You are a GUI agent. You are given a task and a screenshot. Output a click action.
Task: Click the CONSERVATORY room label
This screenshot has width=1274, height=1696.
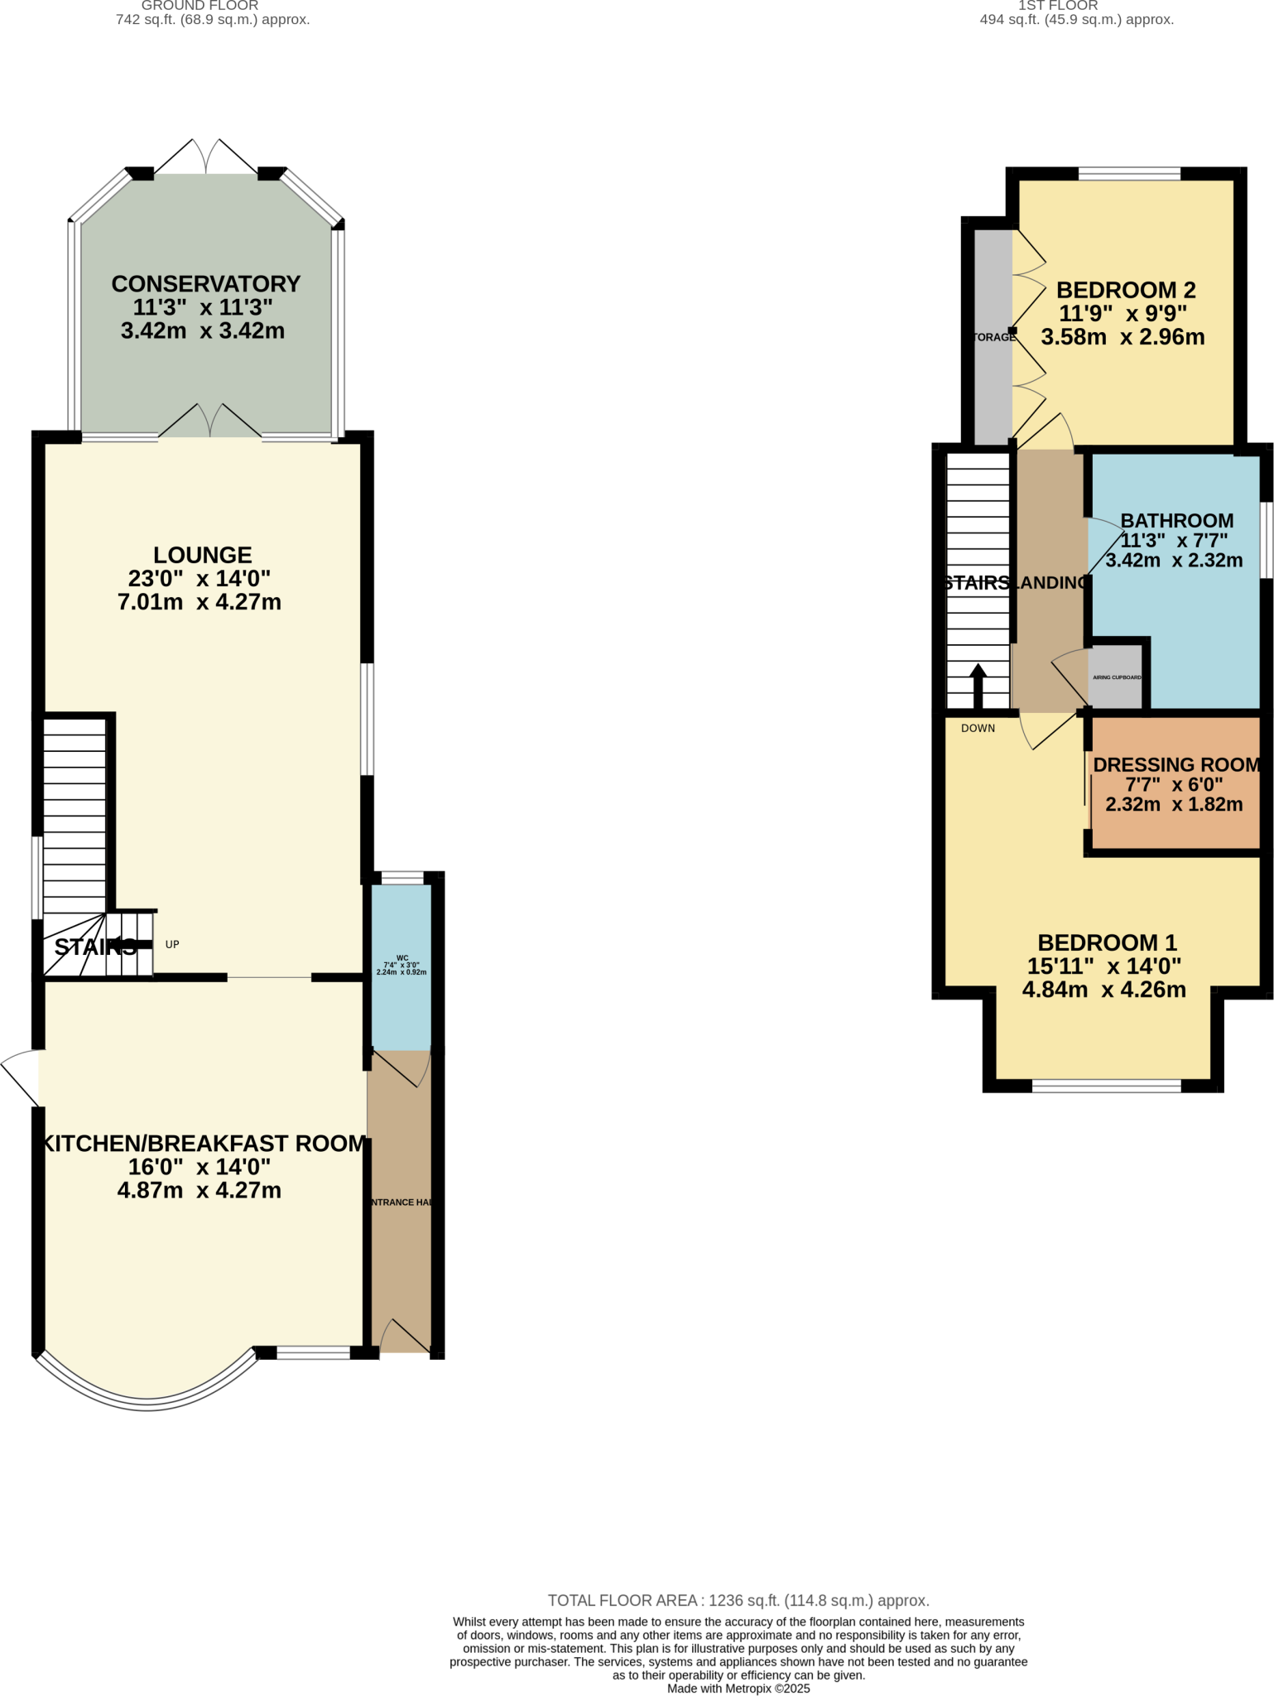205,284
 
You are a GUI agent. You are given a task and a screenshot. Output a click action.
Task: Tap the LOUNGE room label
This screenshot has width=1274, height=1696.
202,555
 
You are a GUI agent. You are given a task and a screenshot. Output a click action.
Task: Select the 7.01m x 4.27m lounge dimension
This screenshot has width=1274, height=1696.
200,602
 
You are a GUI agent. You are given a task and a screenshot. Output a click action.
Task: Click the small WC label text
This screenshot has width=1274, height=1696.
402,958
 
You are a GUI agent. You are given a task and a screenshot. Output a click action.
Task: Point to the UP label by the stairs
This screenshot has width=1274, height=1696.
172,944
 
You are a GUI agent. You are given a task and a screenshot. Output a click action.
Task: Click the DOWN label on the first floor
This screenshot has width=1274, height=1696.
978,729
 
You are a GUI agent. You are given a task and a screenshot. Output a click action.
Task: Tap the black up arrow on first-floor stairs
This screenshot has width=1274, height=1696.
978,683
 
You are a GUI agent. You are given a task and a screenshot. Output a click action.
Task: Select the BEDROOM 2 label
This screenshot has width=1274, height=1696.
1126,291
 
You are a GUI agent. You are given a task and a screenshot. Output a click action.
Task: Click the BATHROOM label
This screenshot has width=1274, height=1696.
1176,521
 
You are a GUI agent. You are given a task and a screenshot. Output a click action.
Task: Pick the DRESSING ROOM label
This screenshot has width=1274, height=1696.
1175,765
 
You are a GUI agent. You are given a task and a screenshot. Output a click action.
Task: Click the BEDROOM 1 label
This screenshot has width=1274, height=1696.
1107,942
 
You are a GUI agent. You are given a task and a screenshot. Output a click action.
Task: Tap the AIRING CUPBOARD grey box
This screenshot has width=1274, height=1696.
1118,677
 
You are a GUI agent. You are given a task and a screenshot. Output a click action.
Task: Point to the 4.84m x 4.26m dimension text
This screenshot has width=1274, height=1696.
1103,990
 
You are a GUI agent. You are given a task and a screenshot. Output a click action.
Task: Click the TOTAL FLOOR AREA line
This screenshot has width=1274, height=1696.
738,1601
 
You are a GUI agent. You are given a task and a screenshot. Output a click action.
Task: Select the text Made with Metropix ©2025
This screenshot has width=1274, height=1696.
738,1689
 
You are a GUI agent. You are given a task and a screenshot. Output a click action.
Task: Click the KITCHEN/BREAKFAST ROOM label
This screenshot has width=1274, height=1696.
204,1144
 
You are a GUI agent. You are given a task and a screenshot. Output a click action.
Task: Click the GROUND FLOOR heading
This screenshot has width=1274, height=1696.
200,6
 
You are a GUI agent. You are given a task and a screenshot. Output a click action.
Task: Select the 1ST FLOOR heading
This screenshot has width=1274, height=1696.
1058,6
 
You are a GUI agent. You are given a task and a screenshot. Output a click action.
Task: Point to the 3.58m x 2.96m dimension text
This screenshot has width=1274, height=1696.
1123,338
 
